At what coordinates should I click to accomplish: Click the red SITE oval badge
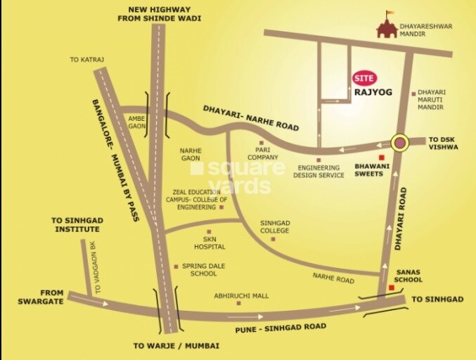pos(364,77)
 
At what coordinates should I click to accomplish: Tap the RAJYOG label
pos(372,92)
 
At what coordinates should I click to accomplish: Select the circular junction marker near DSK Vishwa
pos(400,143)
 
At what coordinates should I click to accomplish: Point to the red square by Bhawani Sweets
pos(382,157)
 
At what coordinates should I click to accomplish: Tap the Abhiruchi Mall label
pos(241,296)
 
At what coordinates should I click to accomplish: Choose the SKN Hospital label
pos(210,243)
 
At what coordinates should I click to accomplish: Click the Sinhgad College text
pos(274,226)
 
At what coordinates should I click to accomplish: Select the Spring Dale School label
pos(199,269)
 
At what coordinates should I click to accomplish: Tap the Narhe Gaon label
pos(191,154)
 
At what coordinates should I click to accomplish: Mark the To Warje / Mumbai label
pos(176,346)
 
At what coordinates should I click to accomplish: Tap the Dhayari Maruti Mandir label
pos(430,100)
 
